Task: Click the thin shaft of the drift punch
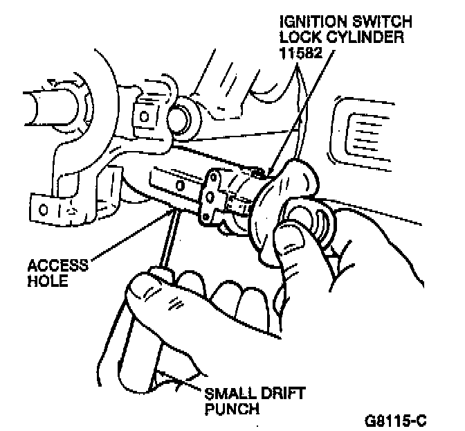pyautogui.click(x=164, y=240)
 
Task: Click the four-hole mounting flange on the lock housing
pyautogui.click(x=211, y=201)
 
